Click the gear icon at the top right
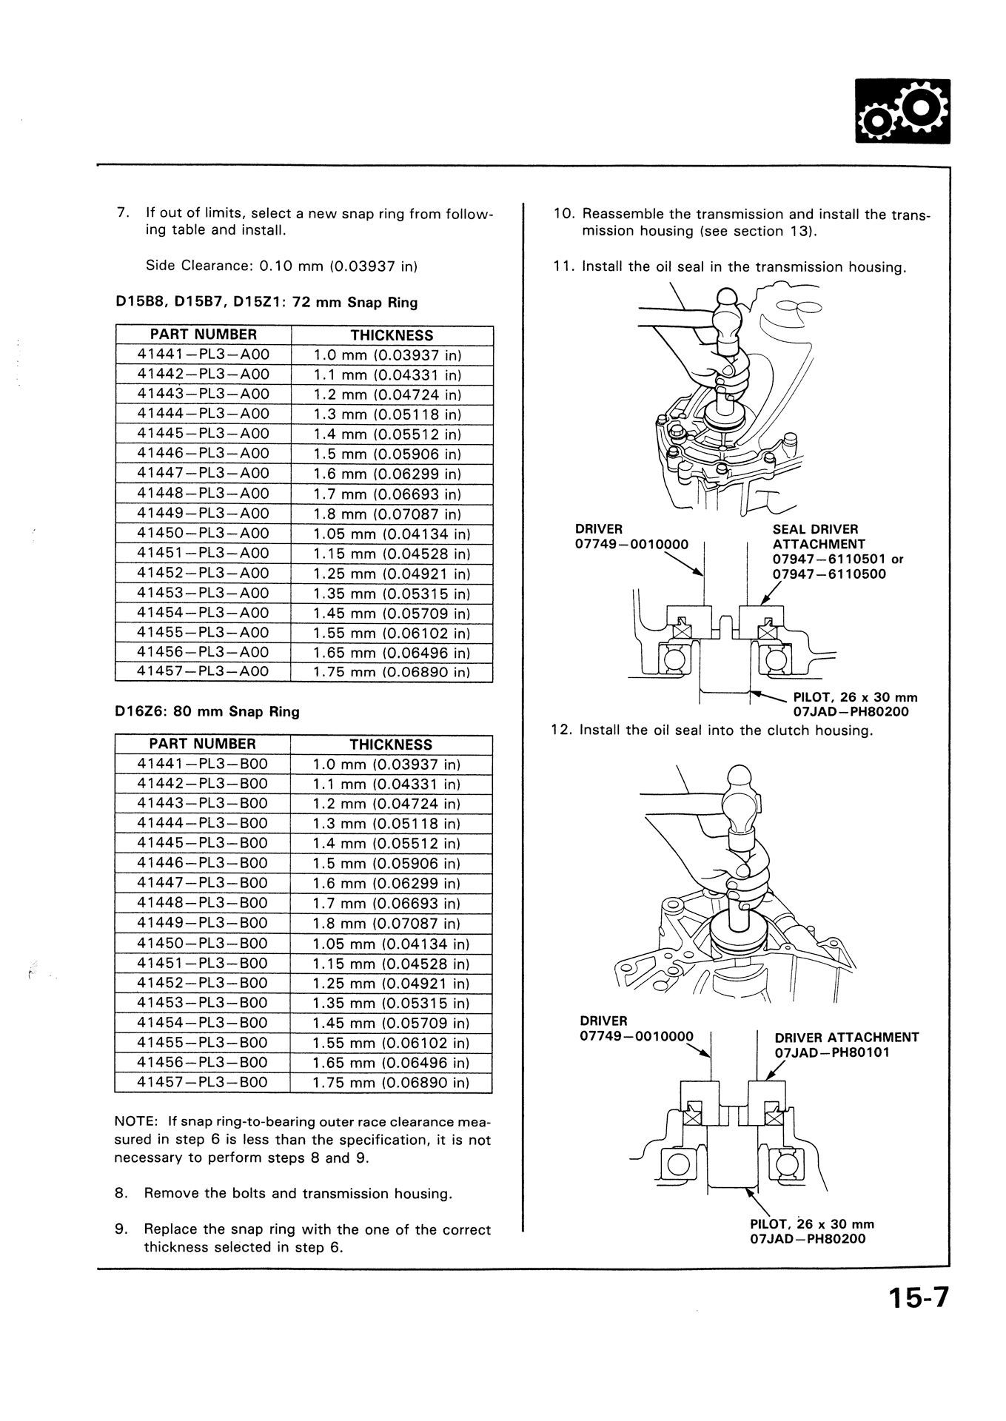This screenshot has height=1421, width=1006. tap(902, 111)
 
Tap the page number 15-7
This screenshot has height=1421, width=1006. tap(917, 1299)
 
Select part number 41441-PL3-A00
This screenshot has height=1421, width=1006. tap(204, 355)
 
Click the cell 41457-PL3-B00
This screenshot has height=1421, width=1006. tap(202, 1082)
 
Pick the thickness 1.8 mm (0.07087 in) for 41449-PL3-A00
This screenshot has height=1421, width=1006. tap(387, 514)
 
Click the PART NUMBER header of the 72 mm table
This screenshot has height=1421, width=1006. tap(204, 335)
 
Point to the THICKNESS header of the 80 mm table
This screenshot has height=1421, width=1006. tap(391, 745)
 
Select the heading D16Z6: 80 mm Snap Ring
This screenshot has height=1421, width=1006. tap(207, 712)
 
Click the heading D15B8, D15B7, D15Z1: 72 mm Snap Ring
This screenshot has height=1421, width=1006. tap(266, 302)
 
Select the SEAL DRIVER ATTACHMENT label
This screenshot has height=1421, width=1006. tap(815, 537)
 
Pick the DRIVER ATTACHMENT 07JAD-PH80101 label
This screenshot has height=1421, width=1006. tap(846, 1044)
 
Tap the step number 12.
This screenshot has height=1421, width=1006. tap(560, 730)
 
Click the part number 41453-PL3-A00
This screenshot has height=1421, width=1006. tap(204, 593)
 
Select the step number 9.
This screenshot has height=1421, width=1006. tap(123, 1229)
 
